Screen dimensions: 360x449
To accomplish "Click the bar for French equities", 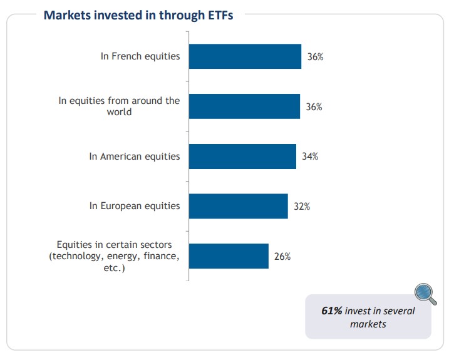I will [245, 56].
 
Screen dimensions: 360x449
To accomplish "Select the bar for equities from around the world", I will [244, 106].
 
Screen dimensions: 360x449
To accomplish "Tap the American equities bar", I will [242, 157].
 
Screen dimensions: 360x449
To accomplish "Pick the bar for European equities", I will [238, 206].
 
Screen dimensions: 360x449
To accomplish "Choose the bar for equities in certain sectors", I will [229, 256].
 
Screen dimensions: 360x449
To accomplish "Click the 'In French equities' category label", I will [140, 56].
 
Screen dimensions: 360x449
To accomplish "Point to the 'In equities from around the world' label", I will [119, 106].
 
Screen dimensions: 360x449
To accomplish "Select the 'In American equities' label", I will [135, 157].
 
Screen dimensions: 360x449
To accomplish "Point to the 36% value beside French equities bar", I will [315, 57].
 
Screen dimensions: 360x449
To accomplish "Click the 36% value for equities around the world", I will [314, 107].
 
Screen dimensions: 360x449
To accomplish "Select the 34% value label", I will [310, 157].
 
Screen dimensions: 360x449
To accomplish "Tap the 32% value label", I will [302, 206].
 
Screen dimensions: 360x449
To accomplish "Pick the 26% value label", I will [282, 256].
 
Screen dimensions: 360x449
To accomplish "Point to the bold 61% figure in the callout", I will [331, 311].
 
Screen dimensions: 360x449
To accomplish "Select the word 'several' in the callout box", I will [398, 311].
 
